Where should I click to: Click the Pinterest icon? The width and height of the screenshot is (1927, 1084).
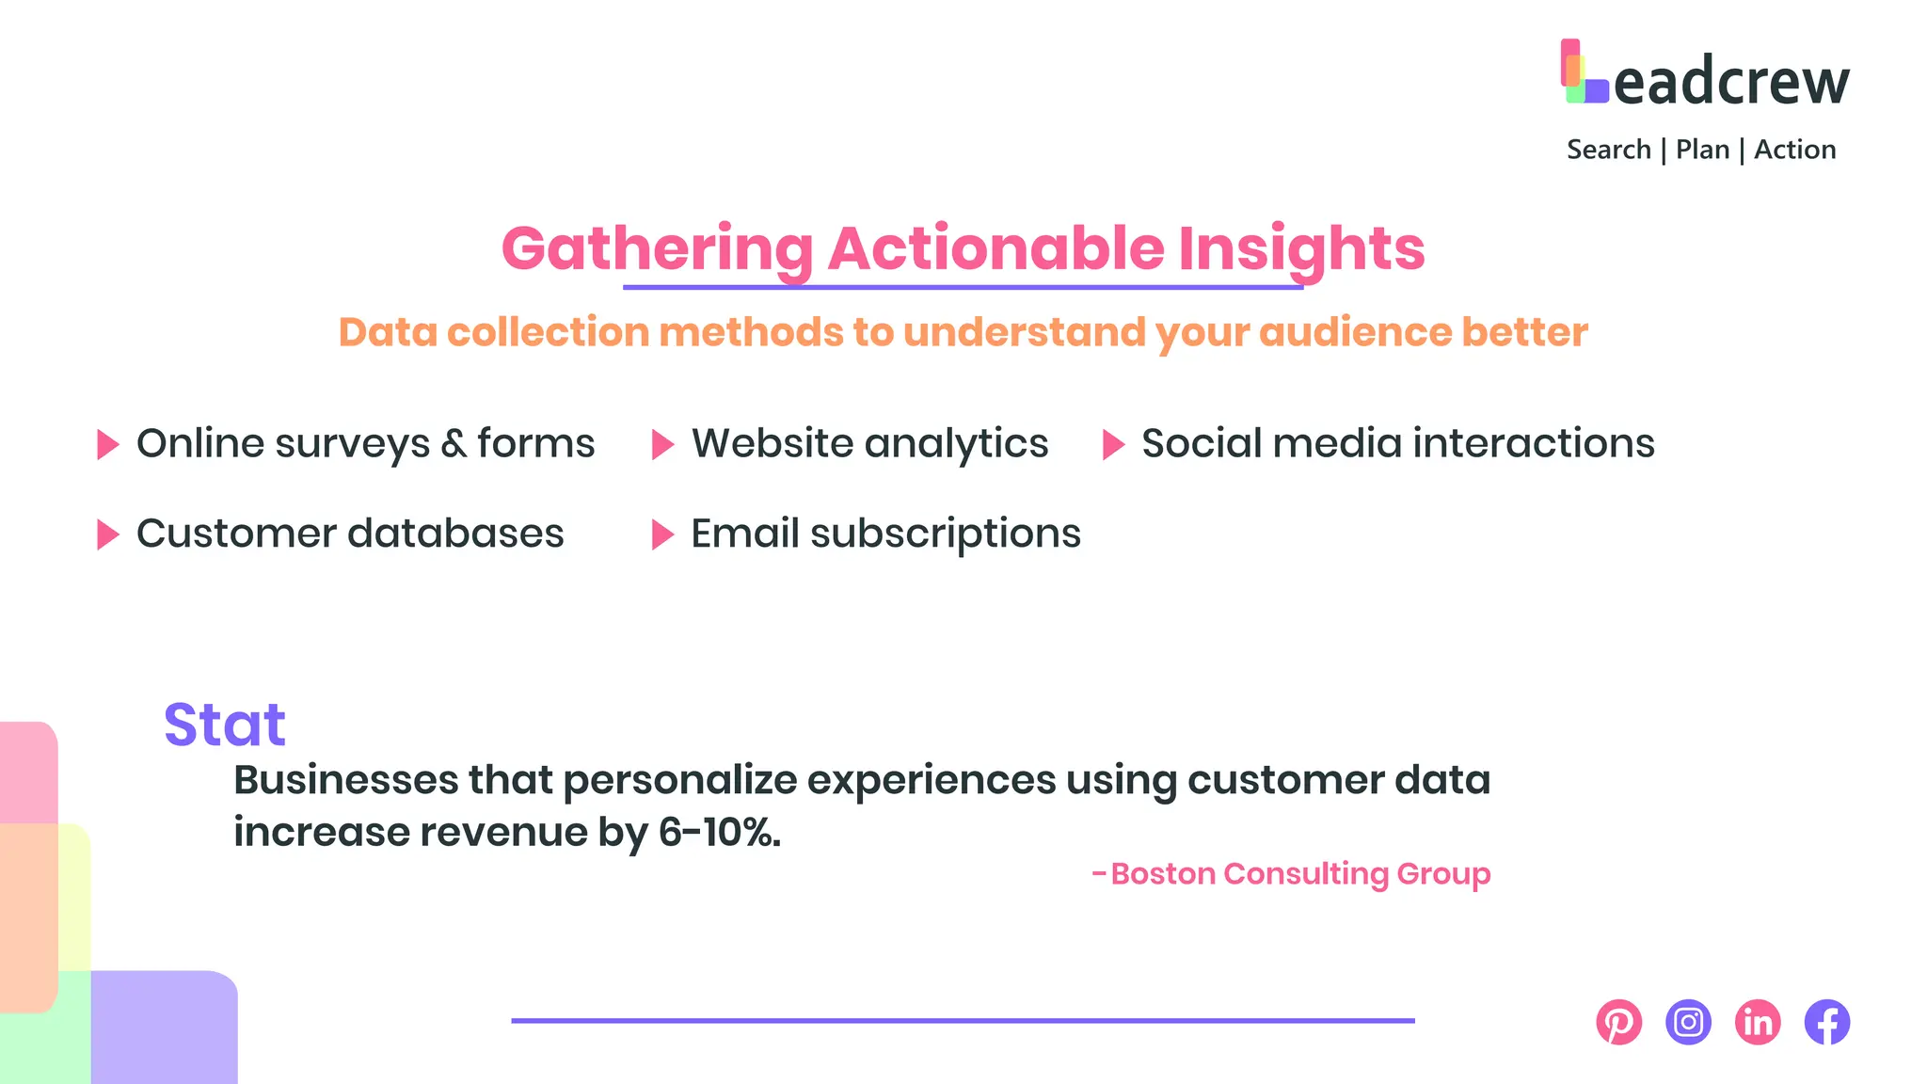tap(1618, 1022)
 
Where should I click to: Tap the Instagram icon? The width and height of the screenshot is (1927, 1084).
tap(1688, 1022)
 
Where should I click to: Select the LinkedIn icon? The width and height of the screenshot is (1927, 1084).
tap(1758, 1022)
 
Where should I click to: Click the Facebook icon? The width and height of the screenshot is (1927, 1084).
tap(1827, 1022)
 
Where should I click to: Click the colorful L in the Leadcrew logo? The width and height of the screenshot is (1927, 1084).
tap(1584, 72)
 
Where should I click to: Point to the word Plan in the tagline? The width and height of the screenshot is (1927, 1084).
tap(1702, 150)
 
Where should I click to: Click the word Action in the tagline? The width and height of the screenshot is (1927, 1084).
tap(1794, 150)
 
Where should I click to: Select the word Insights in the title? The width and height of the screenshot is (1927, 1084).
tap(1301, 248)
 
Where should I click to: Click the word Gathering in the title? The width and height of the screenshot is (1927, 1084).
tap(658, 248)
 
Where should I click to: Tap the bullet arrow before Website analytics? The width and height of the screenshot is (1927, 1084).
tap(662, 444)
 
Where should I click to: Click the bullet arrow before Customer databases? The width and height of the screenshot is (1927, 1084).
tap(108, 534)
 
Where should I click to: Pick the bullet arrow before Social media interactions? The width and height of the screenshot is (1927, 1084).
tap(1113, 444)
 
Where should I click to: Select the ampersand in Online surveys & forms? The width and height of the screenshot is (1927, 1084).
tap(454, 443)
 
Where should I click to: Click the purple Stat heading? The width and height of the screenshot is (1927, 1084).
tap(224, 725)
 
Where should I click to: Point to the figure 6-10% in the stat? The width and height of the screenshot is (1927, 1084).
tap(719, 832)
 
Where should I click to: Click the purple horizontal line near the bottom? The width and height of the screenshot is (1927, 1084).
tap(963, 1020)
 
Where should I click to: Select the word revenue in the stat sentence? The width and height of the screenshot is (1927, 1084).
tap(503, 832)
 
